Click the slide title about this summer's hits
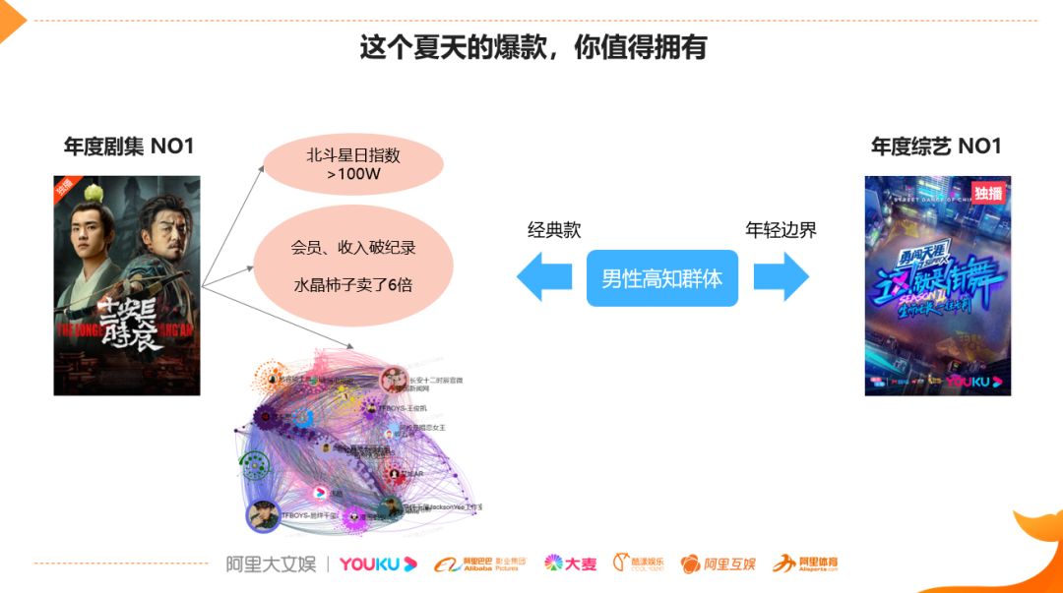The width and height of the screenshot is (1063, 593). coord(532,47)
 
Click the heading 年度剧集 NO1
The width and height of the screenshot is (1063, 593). coord(129,147)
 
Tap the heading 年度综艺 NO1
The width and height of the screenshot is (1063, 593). coord(936,147)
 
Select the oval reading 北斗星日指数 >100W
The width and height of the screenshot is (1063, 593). coord(353,165)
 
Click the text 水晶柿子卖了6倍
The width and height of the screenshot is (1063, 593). coord(353,285)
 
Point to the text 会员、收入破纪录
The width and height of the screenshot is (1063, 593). coord(353,248)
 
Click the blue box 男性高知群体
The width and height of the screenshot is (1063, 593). coord(661,278)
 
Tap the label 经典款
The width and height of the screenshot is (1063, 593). coord(554,230)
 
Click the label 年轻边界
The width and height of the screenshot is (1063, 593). coord(781,230)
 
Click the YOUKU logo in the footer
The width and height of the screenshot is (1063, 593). coord(378,563)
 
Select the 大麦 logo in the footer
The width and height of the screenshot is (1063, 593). coord(571,563)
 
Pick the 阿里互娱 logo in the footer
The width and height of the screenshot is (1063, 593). coord(719,563)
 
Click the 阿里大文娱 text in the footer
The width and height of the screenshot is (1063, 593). coord(271,563)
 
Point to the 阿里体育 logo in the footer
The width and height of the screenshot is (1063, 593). coord(805,563)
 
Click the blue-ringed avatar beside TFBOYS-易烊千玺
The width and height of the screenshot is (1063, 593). coord(263,515)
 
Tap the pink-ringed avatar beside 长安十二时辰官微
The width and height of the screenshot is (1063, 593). coord(394,380)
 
